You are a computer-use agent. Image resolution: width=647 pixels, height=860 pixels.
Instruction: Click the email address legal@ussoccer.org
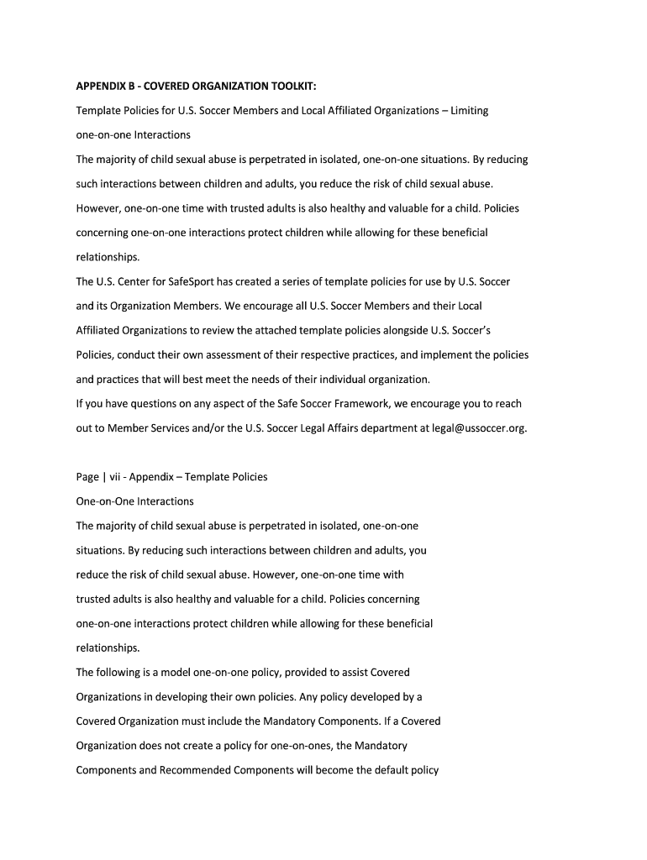[x=479, y=428]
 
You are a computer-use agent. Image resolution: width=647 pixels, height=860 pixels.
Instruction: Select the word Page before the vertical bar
[x=87, y=477]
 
